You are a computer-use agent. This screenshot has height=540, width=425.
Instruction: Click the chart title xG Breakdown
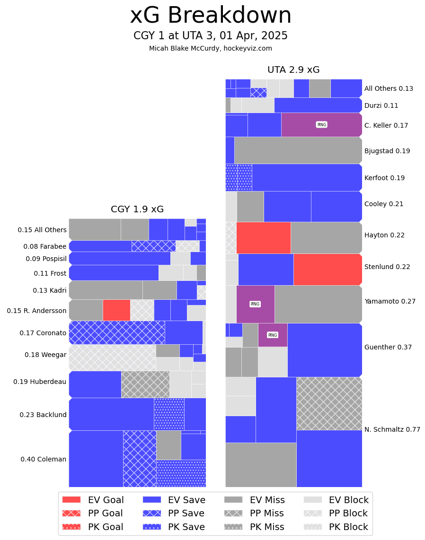pyautogui.click(x=211, y=16)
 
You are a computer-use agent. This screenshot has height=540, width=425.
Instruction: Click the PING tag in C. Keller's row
pyautogui.click(x=321, y=125)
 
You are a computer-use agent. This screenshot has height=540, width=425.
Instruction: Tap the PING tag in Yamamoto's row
pyautogui.click(x=255, y=304)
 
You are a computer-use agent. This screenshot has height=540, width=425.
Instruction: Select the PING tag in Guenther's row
pyautogui.click(x=273, y=335)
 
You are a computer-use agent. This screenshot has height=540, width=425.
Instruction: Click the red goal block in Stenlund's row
pyautogui.click(x=328, y=269)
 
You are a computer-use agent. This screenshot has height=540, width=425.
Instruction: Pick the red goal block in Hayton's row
pyautogui.click(x=263, y=237)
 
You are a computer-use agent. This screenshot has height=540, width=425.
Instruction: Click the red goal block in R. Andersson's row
pyautogui.click(x=116, y=310)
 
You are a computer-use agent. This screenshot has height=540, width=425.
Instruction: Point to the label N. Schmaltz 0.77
pyautogui.click(x=392, y=430)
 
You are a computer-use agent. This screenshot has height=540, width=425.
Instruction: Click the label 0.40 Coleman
pyautogui.click(x=43, y=459)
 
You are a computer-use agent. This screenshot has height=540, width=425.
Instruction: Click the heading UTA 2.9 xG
pyautogui.click(x=293, y=70)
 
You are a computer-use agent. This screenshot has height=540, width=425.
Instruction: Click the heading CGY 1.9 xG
pyautogui.click(x=137, y=209)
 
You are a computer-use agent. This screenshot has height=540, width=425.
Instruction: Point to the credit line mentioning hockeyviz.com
pyautogui.click(x=211, y=49)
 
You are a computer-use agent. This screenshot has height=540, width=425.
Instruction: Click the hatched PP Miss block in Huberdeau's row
pyautogui.click(x=145, y=384)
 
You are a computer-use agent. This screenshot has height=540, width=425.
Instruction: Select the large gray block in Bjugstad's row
pyautogui.click(x=298, y=150)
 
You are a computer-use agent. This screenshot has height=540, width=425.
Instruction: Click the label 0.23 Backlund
pyautogui.click(x=43, y=415)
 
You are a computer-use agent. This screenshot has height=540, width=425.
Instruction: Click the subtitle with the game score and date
pyautogui.click(x=211, y=36)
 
